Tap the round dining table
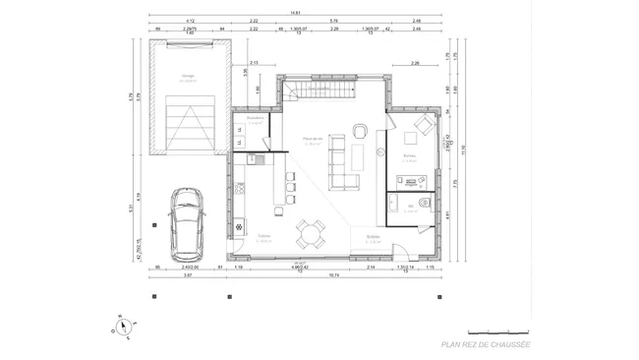click(314, 233)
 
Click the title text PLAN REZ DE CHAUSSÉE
click(485, 344)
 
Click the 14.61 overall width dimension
click(294, 13)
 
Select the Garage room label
click(187, 76)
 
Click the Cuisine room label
click(263, 236)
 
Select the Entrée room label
click(374, 236)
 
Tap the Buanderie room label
click(255, 119)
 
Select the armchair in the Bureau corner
click(423, 125)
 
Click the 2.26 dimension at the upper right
click(415, 63)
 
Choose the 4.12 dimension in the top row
click(190, 21)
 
